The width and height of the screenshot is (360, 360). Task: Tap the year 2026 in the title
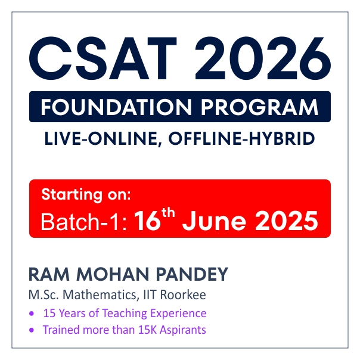[263, 58]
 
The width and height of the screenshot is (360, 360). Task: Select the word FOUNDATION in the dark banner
[116, 107]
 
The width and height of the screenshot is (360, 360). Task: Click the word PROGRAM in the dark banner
[260, 107]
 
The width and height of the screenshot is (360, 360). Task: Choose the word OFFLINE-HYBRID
[241, 138]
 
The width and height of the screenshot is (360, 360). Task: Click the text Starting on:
[86, 195]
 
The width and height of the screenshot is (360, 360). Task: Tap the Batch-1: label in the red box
[83, 221]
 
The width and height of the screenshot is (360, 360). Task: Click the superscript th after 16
[168, 213]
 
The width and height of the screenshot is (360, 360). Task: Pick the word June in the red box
[214, 221]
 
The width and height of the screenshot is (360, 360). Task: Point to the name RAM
[49, 274]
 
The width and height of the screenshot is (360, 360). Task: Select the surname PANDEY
[192, 274]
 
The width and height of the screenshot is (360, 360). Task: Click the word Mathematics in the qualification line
[101, 295]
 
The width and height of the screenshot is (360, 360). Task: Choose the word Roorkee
[183, 295]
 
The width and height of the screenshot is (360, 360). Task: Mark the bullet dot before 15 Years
[32, 314]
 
